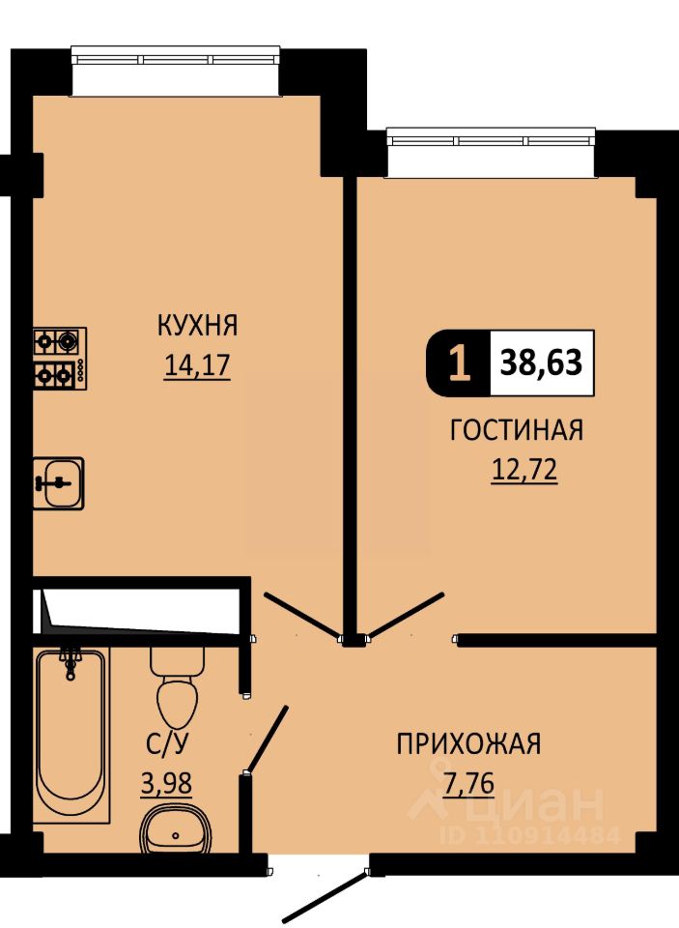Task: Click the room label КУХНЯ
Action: point(197,326)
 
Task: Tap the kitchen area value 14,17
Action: point(197,365)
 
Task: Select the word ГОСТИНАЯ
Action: point(517,430)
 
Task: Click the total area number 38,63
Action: point(541,362)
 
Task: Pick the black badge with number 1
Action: point(459,362)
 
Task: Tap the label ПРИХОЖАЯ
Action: point(468,744)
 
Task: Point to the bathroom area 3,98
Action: point(166,784)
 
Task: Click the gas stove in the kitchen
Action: point(60,358)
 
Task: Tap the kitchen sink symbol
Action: point(59,483)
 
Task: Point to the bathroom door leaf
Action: point(268,739)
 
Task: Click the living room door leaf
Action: point(406,616)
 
